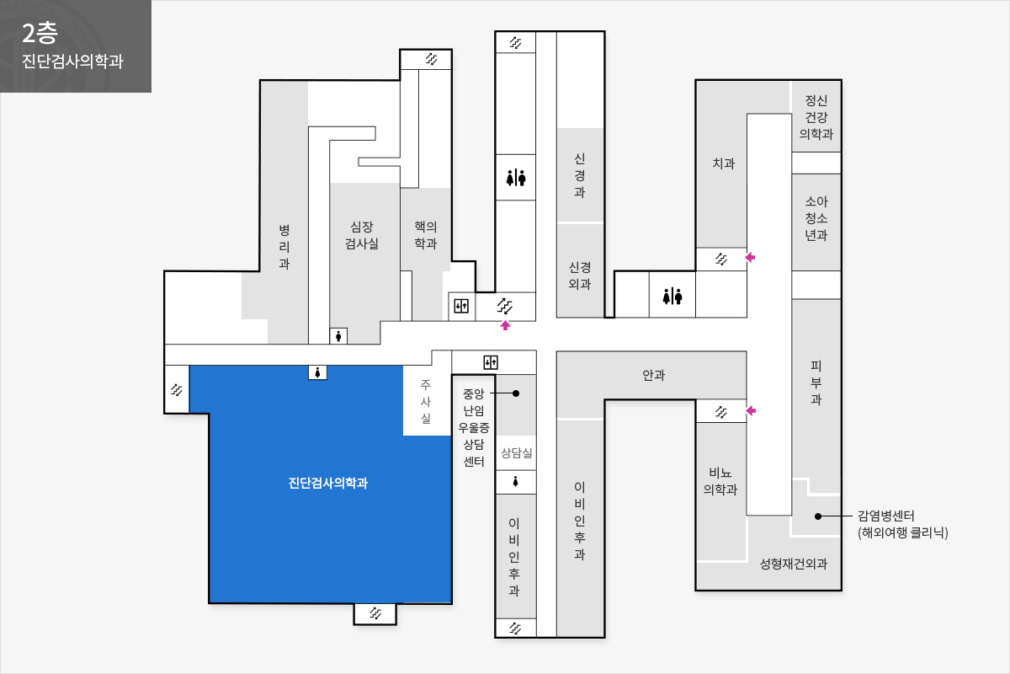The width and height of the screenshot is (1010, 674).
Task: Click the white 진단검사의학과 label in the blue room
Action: click(328, 483)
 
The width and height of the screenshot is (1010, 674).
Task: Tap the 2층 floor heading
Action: click(40, 34)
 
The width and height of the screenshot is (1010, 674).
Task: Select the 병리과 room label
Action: click(284, 247)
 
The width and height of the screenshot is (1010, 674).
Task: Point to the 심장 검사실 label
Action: click(362, 235)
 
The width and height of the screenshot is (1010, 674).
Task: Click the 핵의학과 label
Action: click(426, 235)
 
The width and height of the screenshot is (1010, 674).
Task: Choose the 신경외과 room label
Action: click(580, 275)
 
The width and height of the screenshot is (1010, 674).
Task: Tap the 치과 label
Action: click(724, 163)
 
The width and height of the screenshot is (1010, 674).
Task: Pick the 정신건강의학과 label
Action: click(816, 117)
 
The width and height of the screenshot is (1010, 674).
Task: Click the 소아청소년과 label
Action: click(816, 218)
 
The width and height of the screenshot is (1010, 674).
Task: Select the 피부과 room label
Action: click(816, 382)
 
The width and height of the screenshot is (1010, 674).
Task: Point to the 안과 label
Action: click(654, 375)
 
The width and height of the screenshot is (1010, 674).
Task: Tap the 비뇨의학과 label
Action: click(720, 481)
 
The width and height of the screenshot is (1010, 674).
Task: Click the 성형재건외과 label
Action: click(794, 564)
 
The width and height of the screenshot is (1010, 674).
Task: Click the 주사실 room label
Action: click(426, 401)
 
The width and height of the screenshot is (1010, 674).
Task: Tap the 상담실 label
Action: click(517, 452)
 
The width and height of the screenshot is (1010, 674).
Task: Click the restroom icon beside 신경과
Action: click(516, 178)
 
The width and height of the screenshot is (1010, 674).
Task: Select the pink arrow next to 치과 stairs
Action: click(750, 257)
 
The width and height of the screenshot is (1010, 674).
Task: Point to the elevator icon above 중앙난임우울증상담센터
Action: click(491, 362)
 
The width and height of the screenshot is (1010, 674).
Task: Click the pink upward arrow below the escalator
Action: click(505, 325)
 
